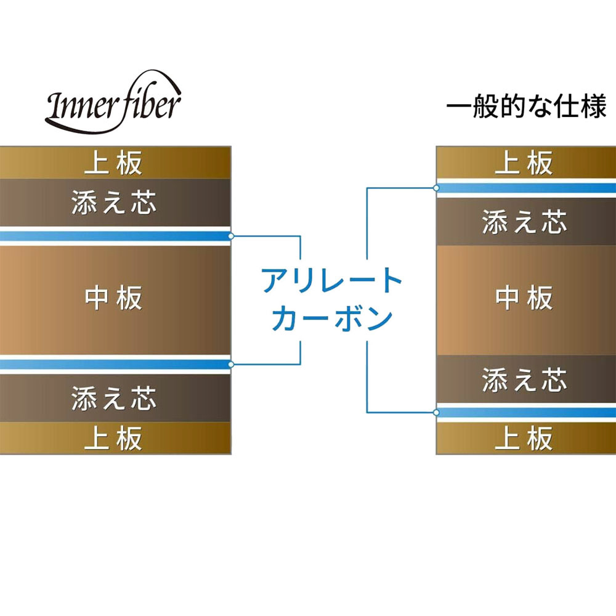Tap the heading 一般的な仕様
pyautogui.click(x=527, y=106)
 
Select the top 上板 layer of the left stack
pyautogui.click(x=116, y=163)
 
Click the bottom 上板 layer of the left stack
pyautogui.click(x=116, y=438)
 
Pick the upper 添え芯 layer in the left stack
pyautogui.click(x=116, y=203)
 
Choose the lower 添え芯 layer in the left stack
pyautogui.click(x=116, y=398)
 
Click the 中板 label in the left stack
pyautogui.click(x=113, y=298)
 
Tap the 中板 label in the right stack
pyautogui.click(x=524, y=298)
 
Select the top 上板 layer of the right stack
pyautogui.click(x=526, y=162)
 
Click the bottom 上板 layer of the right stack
pyautogui.click(x=526, y=439)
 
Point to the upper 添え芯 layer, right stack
pyautogui.click(x=526, y=222)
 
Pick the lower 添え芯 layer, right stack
pyautogui.click(x=526, y=379)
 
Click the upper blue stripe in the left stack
pyautogui.click(x=116, y=236)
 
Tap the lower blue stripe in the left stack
pyautogui.click(x=116, y=365)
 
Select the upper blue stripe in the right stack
pyautogui.click(x=526, y=188)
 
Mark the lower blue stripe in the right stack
pyautogui.click(x=526, y=413)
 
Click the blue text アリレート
pyautogui.click(x=332, y=280)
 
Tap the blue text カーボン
pyautogui.click(x=332, y=318)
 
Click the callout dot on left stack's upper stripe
pyautogui.click(x=231, y=236)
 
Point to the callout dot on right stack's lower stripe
pyautogui.click(x=436, y=413)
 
